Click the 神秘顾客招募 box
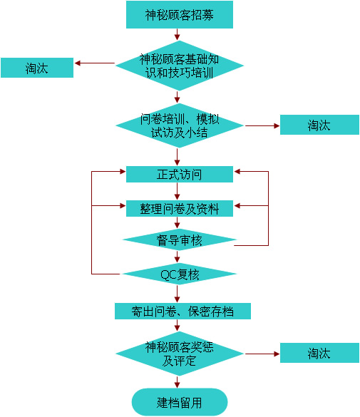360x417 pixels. click(x=180, y=15)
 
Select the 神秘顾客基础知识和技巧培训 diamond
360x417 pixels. click(x=180, y=66)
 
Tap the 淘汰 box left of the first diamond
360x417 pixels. click(x=37, y=68)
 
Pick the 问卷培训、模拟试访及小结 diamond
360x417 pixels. click(x=180, y=125)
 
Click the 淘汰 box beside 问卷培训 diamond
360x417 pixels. click(x=319, y=125)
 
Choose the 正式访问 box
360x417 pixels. click(x=180, y=174)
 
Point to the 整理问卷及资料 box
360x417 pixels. click(x=180, y=208)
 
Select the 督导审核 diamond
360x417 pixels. click(x=180, y=240)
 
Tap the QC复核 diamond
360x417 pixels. click(x=180, y=274)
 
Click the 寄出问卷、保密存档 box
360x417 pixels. click(x=182, y=311)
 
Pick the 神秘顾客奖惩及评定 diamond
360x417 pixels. click(x=180, y=354)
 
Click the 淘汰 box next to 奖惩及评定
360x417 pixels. click(x=319, y=353)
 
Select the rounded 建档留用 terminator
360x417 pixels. click(x=180, y=402)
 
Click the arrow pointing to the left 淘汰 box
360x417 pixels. click(x=95, y=63)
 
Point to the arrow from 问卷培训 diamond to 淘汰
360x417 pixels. click(x=262, y=125)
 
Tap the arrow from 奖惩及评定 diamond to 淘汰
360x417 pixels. click(x=262, y=354)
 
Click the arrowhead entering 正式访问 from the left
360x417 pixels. click(x=123, y=172)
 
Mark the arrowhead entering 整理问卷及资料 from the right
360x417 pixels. click(x=237, y=205)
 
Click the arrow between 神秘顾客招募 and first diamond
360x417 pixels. click(x=177, y=34)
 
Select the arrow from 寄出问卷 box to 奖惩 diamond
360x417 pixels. click(x=177, y=325)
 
